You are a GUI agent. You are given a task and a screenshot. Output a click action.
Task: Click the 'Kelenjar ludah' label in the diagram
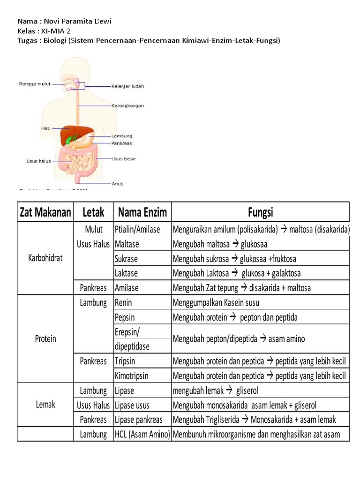(x=127, y=86)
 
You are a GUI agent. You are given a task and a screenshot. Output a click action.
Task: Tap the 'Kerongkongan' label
(x=127, y=105)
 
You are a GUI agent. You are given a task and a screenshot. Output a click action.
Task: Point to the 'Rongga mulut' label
(x=34, y=84)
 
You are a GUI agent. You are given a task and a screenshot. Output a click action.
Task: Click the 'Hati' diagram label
(x=45, y=127)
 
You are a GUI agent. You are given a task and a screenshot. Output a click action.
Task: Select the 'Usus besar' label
(x=124, y=159)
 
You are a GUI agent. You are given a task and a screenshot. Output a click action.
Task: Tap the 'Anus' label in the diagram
(x=117, y=183)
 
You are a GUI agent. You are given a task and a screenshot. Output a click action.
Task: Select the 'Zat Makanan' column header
(x=45, y=212)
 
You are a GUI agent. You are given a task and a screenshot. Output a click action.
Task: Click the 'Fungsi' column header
(x=261, y=212)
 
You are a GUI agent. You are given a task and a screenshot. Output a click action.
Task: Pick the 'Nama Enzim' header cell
(x=142, y=212)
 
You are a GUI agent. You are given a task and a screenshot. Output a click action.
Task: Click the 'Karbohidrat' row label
(x=45, y=258)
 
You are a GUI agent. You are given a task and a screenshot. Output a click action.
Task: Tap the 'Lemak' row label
(x=45, y=404)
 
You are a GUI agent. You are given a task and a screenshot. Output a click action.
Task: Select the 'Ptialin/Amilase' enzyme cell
(x=137, y=230)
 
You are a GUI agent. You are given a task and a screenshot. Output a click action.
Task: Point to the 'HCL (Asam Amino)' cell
(x=142, y=434)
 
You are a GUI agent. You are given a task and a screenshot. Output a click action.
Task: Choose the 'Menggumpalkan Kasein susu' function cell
(x=216, y=303)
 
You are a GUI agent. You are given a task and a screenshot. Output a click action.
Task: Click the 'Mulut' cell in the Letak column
(x=94, y=230)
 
